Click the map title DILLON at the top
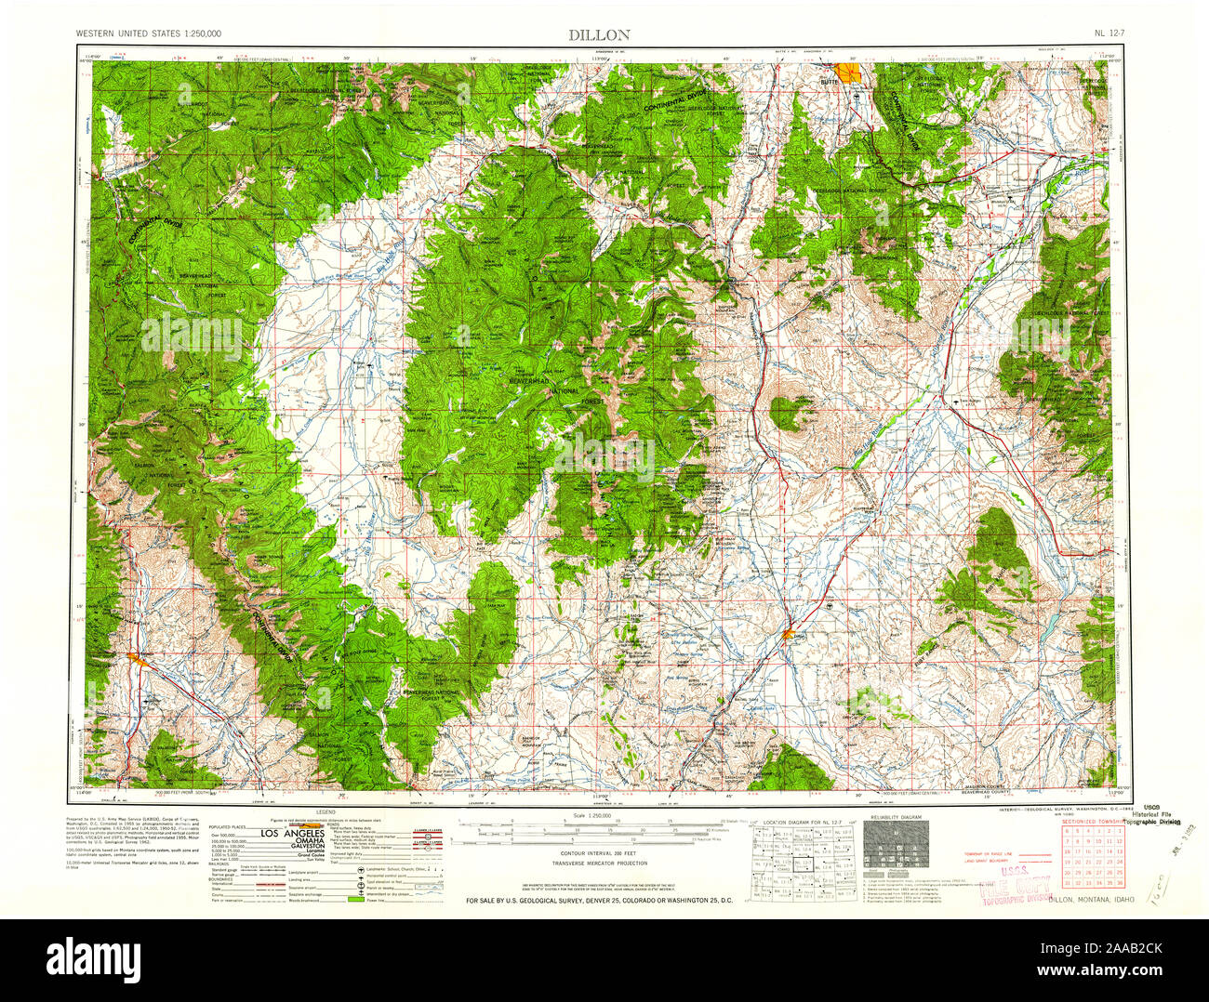coord(600,34)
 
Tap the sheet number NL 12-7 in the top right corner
coord(1112,34)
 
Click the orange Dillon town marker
coord(789,635)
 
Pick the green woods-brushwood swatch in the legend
coord(354,900)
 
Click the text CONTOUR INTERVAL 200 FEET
coord(600,852)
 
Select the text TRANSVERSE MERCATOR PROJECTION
coord(600,863)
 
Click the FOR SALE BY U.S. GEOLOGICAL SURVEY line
coord(600,901)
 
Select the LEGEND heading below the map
coord(325,812)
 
